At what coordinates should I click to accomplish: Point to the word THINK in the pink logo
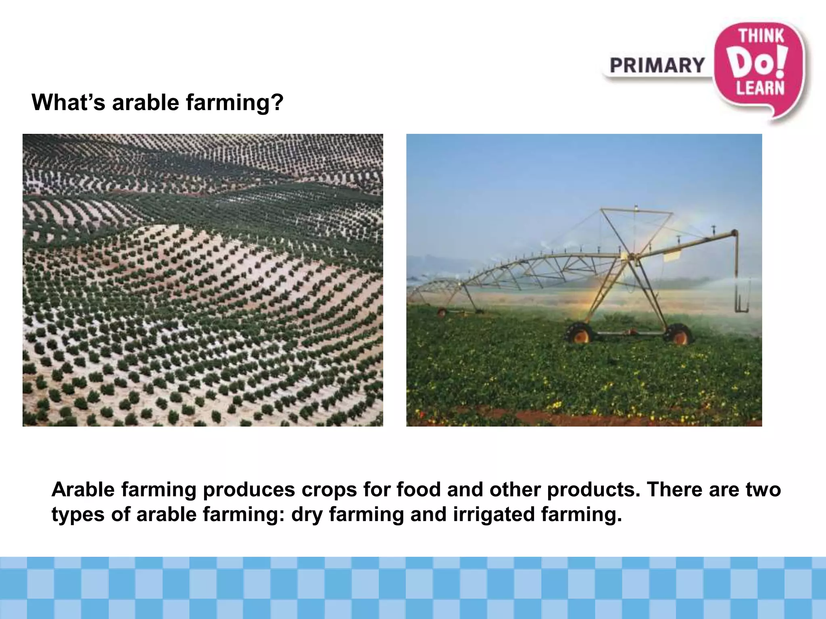(x=761, y=36)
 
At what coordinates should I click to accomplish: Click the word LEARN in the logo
(x=761, y=88)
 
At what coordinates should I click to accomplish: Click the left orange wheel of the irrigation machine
(x=580, y=333)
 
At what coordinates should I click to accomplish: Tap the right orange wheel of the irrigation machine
(x=679, y=334)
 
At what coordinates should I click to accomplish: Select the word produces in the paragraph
(x=248, y=490)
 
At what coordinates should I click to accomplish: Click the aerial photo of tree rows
(x=202, y=280)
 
